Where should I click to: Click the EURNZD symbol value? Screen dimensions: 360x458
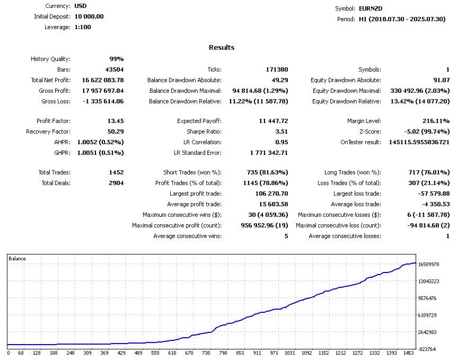(371, 8)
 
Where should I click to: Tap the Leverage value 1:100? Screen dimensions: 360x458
(83, 27)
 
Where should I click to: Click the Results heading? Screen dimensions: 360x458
(222, 48)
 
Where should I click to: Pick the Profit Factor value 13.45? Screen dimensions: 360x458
(116, 121)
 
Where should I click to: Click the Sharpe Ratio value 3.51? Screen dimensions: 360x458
(282, 131)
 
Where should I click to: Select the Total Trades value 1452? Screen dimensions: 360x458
(116, 172)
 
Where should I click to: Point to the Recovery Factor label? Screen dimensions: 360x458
(48, 131)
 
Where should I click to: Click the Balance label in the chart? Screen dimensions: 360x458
(17, 259)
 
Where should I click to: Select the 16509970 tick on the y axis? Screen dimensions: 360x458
(429, 264)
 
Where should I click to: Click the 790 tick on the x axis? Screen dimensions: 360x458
(223, 353)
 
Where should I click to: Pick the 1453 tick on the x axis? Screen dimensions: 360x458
(409, 353)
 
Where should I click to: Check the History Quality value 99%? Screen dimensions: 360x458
(117, 59)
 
